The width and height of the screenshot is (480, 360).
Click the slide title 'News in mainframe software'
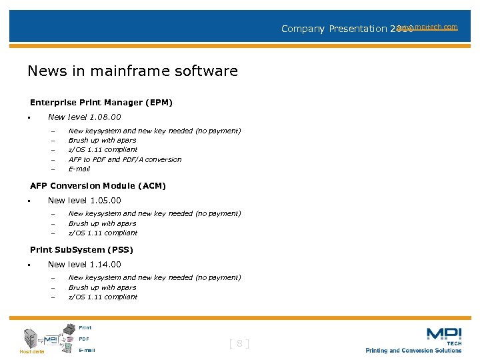[x=133, y=71]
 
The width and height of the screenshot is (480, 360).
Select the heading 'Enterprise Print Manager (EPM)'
[x=101, y=103]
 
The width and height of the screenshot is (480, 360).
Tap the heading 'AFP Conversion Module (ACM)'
[x=98, y=186]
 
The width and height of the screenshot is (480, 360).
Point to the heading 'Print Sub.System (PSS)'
[x=81, y=250]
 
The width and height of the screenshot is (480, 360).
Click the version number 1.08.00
[x=105, y=117]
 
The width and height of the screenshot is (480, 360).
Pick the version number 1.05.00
[x=105, y=200]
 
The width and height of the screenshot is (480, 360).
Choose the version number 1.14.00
[x=105, y=265]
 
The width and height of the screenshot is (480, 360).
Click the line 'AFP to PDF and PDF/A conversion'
[x=125, y=159]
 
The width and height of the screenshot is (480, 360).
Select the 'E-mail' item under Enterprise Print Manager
[x=79, y=169]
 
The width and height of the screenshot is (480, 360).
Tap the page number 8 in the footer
[x=239, y=344]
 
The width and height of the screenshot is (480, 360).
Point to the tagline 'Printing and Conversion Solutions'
[x=413, y=351]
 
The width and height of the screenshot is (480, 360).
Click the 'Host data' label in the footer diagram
[x=31, y=351]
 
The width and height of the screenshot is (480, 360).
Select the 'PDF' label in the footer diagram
[x=83, y=339]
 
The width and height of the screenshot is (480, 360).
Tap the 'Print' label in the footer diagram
[x=85, y=327]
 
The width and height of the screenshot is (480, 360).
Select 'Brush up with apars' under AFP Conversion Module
[x=102, y=223]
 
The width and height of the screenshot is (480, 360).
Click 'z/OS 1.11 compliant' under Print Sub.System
[x=103, y=297]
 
